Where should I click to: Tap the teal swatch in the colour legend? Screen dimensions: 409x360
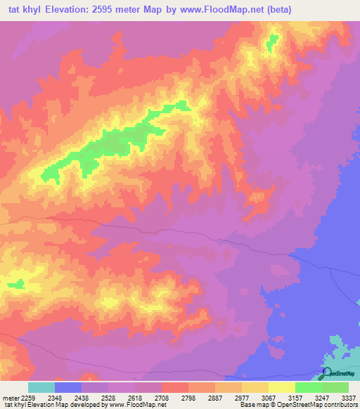pyautogui.click(x=41, y=387)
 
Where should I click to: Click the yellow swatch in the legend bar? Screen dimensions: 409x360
pyautogui.click(x=282, y=387)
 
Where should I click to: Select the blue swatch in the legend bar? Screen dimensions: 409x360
pyautogui.click(x=68, y=387)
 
